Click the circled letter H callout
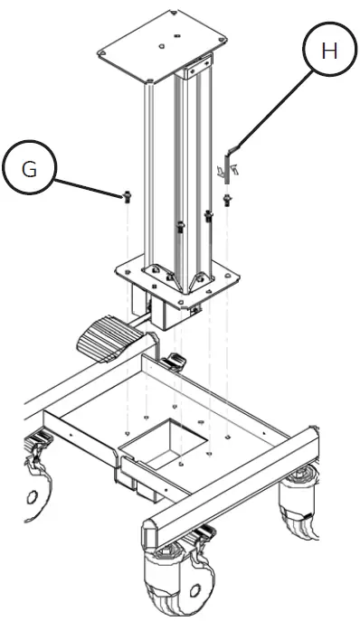pyautogui.click(x=329, y=52)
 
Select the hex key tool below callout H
pyautogui.click(x=230, y=155)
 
